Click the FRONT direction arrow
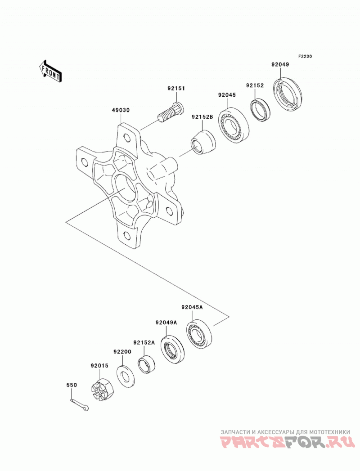50,71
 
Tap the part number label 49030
121,110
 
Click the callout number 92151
176,89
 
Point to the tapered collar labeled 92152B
204,143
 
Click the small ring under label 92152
261,110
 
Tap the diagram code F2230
305,56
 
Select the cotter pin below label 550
80,405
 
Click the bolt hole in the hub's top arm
127,138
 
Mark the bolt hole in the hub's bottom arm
126,235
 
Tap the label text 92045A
192,307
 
